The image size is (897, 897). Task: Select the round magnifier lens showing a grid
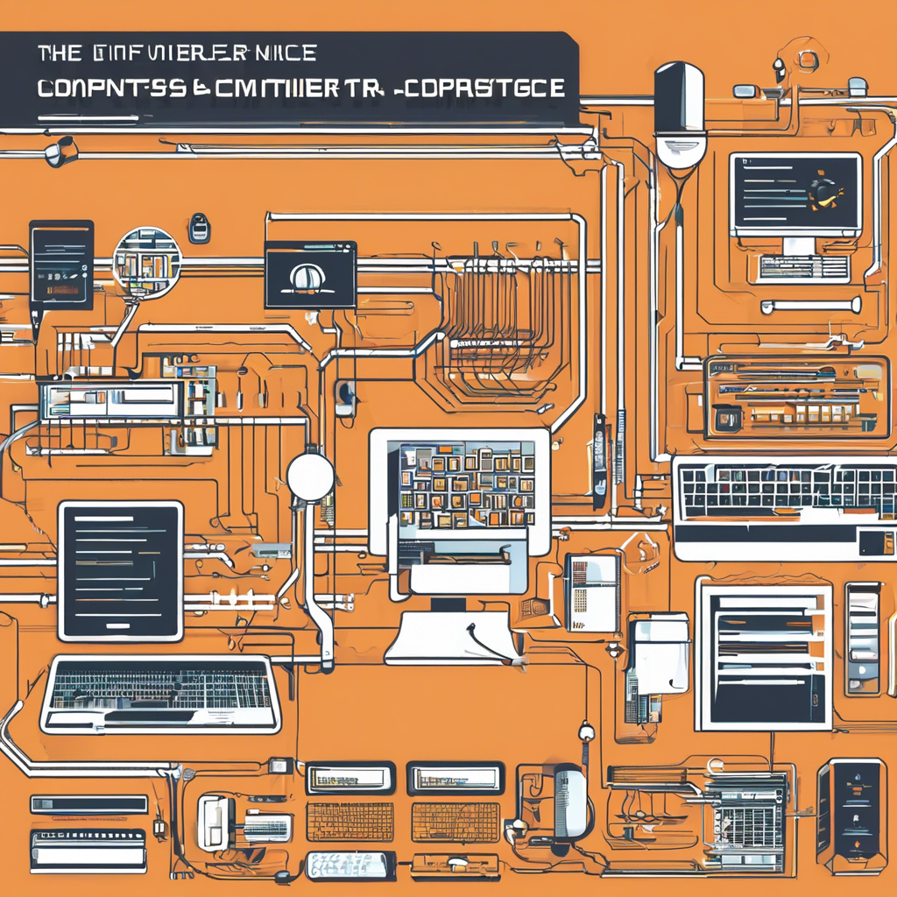pyautogui.click(x=147, y=260)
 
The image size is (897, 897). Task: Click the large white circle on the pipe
pyautogui.click(x=310, y=477)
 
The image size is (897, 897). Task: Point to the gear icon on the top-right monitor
pyautogui.click(x=823, y=191)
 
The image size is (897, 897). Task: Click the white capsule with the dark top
pyautogui.click(x=681, y=114)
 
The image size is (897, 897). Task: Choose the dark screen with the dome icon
pyautogui.click(x=310, y=275)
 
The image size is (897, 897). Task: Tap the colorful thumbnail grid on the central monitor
pyautogui.click(x=466, y=484)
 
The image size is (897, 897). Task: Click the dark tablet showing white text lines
pyautogui.click(x=121, y=570)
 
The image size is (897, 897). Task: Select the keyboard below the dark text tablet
pyautogui.click(x=160, y=695)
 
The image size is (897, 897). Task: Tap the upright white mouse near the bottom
pyautogui.click(x=570, y=802)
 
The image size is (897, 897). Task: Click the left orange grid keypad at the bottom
pyautogui.click(x=350, y=822)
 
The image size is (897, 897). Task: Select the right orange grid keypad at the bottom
pyautogui.click(x=456, y=822)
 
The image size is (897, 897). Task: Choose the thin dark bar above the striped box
pyautogui.click(x=88, y=804)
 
